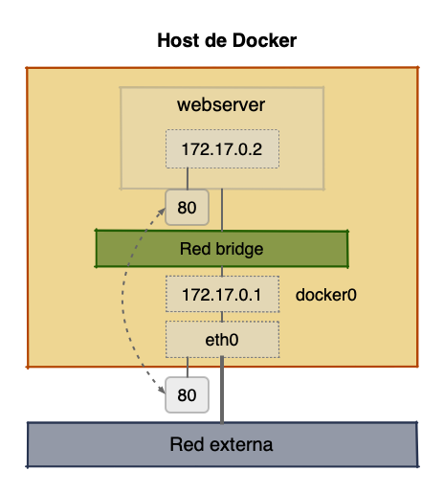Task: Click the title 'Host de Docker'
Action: click(222, 42)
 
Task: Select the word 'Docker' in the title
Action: click(261, 42)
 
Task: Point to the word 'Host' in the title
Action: click(172, 42)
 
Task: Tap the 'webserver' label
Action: click(221, 103)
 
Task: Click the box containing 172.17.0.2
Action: click(221, 148)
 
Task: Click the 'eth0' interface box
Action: click(221, 338)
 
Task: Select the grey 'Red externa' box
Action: click(221, 444)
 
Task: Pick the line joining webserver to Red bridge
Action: click(222, 209)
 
